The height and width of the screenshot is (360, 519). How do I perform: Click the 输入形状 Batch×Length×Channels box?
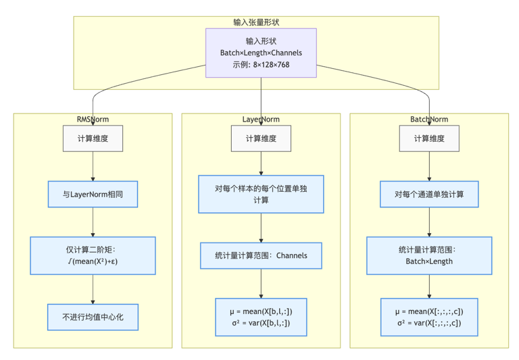tap(261, 53)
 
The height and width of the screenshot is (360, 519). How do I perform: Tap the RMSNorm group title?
tap(93, 120)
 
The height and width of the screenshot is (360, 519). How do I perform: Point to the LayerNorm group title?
tap(261, 120)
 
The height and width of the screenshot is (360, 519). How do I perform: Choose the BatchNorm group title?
tap(429, 120)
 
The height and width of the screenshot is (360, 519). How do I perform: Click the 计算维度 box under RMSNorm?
tap(93, 138)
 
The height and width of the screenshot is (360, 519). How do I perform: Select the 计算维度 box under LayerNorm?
tap(261, 138)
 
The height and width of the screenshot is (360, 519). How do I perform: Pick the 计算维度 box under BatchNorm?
tap(429, 138)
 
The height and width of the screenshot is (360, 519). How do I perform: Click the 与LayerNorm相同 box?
tap(93, 194)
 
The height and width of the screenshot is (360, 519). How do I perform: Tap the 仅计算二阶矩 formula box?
tap(93, 255)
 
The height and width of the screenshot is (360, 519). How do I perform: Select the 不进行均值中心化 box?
tap(93, 317)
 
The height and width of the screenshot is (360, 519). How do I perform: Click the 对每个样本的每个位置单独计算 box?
tap(261, 194)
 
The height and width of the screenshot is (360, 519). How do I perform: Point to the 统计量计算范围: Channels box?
tap(261, 255)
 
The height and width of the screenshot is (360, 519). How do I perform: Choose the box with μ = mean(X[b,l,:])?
tap(261, 317)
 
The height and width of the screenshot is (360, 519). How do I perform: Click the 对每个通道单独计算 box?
tap(429, 194)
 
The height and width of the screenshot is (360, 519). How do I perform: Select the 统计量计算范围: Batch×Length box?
tap(429, 255)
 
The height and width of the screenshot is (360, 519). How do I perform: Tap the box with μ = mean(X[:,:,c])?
tap(429, 317)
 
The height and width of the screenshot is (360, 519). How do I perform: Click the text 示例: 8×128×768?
tap(261, 65)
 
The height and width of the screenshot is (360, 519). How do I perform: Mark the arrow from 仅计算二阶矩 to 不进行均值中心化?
tap(93, 289)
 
